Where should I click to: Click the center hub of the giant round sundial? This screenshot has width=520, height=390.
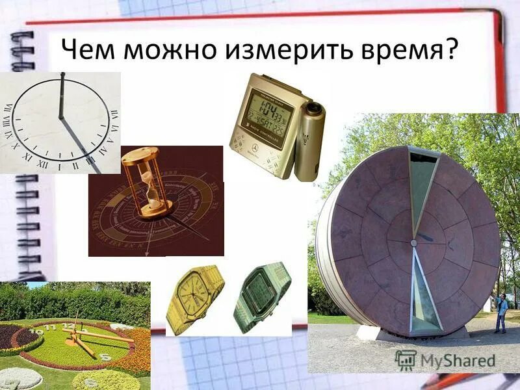coord(413,242)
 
